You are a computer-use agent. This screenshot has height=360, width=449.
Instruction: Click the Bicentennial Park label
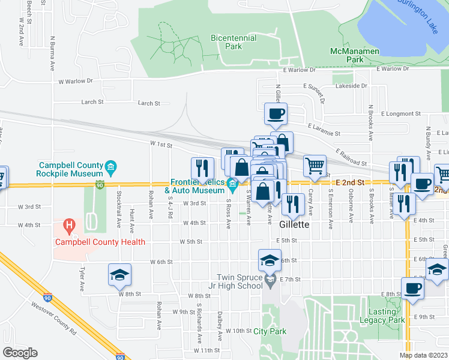click(234, 42)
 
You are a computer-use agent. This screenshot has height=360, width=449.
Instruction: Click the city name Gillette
click(295, 224)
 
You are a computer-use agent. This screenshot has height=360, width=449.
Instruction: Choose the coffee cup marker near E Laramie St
click(276, 113)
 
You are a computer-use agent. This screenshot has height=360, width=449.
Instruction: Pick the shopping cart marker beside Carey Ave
click(315, 166)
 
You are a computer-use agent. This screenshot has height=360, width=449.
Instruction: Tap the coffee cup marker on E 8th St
click(412, 288)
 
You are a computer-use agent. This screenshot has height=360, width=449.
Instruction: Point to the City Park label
click(270, 331)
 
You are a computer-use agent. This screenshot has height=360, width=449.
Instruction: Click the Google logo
click(20, 353)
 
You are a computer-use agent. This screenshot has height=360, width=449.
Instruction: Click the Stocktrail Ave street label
click(119, 220)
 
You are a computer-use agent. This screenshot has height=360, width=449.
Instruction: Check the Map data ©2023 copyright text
click(423, 355)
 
